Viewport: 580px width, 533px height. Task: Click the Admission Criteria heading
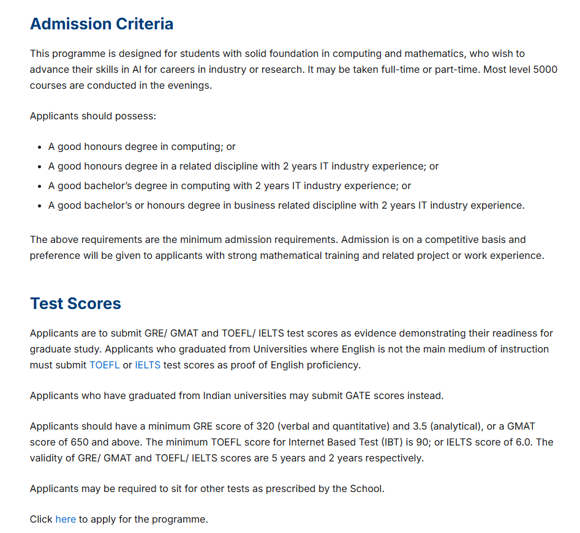(102, 24)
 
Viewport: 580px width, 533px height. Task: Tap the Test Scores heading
(75, 304)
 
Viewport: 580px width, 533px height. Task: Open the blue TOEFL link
(104, 365)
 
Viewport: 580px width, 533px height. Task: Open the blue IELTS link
(148, 365)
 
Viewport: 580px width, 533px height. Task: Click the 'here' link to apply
(66, 519)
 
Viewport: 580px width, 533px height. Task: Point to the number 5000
(544, 69)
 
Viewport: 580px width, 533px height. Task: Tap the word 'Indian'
(219, 395)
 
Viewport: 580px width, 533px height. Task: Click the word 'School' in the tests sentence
(366, 488)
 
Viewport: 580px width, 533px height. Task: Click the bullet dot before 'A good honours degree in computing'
(39, 147)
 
